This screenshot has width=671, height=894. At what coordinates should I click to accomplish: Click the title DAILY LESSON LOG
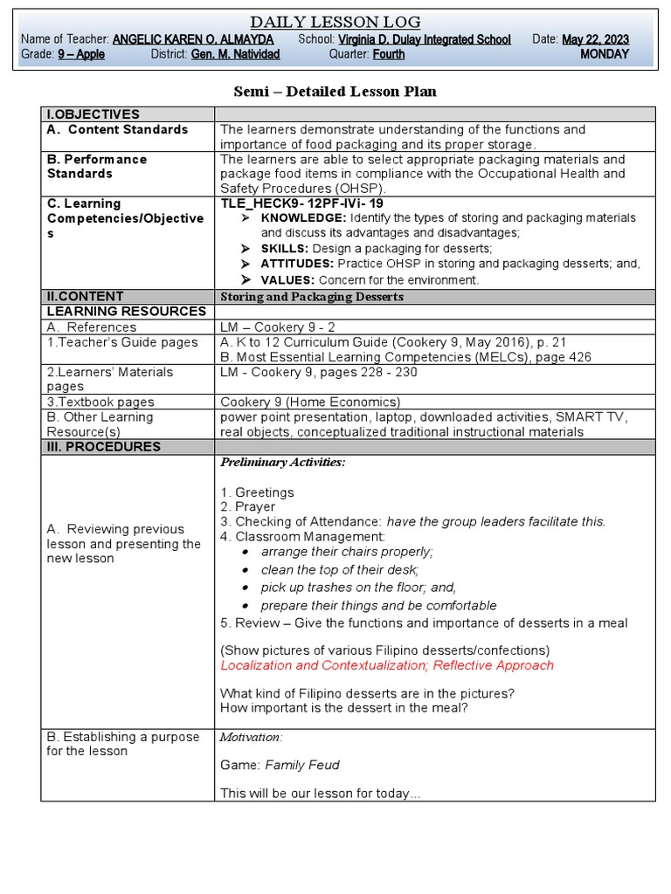(x=335, y=22)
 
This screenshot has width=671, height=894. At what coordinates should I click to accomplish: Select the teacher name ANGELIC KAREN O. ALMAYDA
(x=193, y=39)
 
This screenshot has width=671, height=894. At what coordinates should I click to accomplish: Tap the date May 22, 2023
(x=595, y=39)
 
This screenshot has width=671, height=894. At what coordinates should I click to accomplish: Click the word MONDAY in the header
(x=605, y=54)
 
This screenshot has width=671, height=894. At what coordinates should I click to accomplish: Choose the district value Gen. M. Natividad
(x=235, y=54)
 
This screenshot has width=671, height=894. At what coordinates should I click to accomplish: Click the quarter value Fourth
(x=389, y=54)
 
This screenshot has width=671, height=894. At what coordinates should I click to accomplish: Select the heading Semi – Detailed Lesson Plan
(x=335, y=92)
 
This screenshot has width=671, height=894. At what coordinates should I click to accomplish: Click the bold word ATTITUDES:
(x=297, y=264)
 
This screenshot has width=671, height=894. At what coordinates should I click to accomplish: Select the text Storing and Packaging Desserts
(x=312, y=297)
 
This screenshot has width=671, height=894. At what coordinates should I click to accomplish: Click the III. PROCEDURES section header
(x=104, y=447)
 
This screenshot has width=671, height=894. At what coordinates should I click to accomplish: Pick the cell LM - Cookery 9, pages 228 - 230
(x=319, y=372)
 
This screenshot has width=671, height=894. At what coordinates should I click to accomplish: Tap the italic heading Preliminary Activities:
(x=282, y=462)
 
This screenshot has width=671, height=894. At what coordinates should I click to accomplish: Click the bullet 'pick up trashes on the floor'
(x=358, y=588)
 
